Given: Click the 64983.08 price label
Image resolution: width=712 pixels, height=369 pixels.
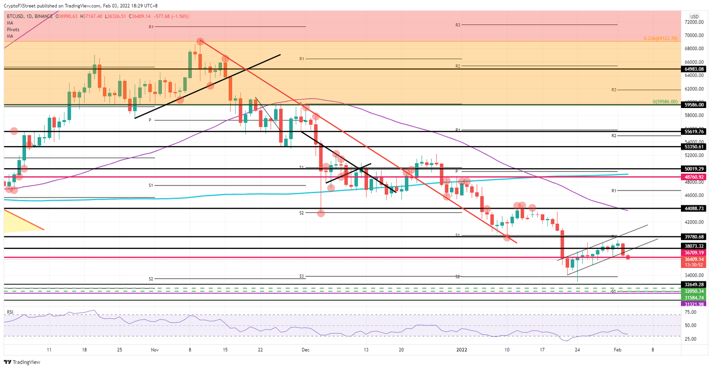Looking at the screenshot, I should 694,69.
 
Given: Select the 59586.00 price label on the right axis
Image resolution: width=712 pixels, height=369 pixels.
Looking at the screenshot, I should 694,105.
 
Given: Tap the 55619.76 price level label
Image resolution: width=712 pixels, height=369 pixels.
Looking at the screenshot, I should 694,132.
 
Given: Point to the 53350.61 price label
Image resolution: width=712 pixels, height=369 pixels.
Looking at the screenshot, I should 694,146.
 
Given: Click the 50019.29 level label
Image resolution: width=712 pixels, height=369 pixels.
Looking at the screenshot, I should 694,169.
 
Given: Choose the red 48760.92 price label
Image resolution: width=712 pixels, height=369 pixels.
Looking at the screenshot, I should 694,177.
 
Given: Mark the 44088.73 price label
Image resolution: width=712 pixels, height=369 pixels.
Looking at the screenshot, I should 694,209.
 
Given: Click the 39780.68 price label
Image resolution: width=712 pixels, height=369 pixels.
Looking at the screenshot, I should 694,237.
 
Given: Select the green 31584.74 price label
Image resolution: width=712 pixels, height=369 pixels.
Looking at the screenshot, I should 694,298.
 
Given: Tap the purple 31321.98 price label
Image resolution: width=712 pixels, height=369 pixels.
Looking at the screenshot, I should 694,304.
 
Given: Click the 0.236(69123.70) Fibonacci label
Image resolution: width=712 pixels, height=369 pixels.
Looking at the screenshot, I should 660,38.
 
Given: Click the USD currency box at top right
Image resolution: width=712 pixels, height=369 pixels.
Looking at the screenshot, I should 694,16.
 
